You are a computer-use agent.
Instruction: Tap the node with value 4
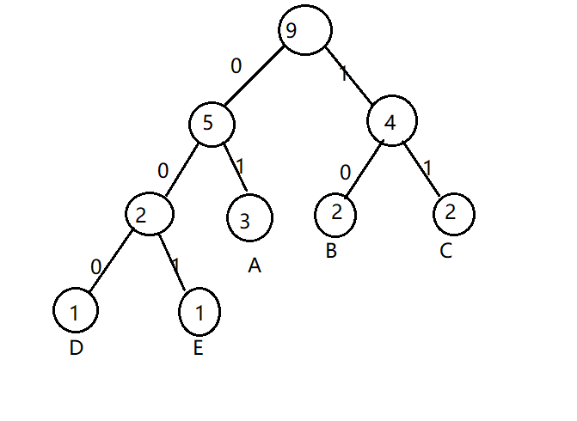(391, 121)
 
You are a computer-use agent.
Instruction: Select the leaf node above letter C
(452, 211)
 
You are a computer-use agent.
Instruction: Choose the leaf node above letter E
(199, 311)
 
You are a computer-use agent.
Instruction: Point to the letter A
(254, 266)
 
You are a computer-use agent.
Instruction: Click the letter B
(331, 252)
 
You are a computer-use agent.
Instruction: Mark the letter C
(444, 252)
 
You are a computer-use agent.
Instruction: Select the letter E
(198, 349)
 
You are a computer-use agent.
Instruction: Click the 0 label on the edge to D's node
(96, 265)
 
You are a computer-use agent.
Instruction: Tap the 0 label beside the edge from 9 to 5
(236, 65)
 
